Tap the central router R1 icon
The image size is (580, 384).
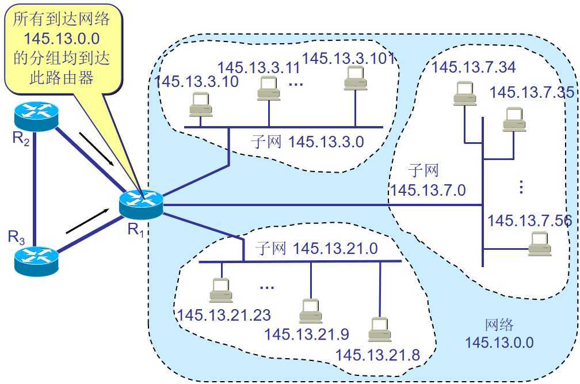tap(140, 204)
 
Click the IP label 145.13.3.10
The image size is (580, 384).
tap(196, 82)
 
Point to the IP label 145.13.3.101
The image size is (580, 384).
tap(348, 58)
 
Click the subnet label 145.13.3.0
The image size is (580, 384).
tap(327, 142)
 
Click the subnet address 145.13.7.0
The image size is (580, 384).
tap(428, 189)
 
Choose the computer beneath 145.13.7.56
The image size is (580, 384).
tap(539, 244)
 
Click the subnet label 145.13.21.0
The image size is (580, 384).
tap(335, 248)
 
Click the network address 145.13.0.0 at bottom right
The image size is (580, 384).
tap(499, 343)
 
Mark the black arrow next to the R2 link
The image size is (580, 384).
tap(96, 146)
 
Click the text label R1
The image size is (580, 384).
tap(136, 230)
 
